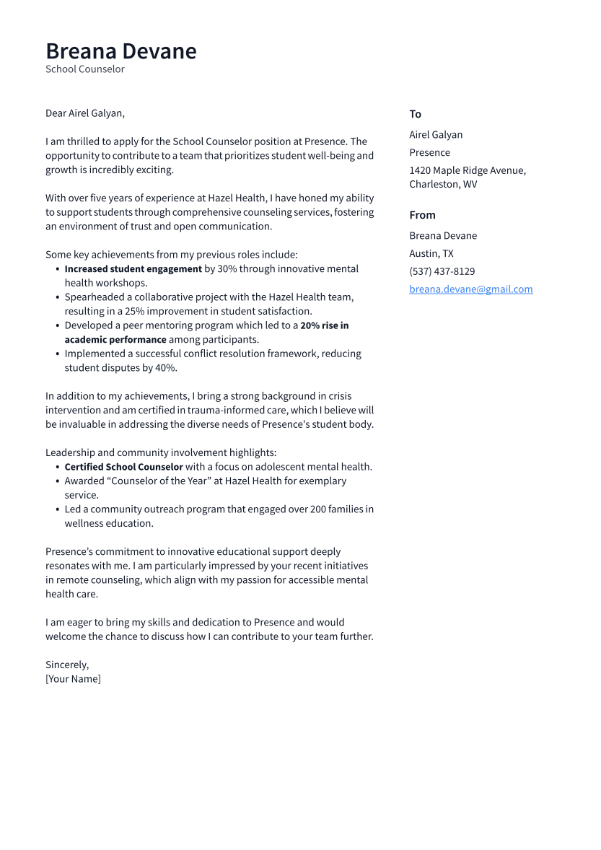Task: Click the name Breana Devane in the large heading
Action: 120,51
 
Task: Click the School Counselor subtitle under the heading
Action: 85,69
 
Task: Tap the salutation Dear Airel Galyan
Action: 85,113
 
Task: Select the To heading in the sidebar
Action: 415,114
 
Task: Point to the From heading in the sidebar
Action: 422,215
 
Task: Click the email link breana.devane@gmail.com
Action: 470,289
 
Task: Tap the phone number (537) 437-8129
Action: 442,271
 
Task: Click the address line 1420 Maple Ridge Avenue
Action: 467,170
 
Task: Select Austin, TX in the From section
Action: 431,253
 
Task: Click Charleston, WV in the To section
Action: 443,184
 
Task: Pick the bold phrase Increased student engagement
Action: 133,268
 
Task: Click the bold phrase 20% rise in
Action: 324,325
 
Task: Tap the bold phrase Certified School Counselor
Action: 123,467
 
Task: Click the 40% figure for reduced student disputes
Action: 165,368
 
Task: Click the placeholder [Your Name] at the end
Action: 73,679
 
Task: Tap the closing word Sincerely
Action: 67,665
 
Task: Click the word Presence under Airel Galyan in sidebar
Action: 429,152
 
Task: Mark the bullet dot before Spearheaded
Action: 58,297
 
